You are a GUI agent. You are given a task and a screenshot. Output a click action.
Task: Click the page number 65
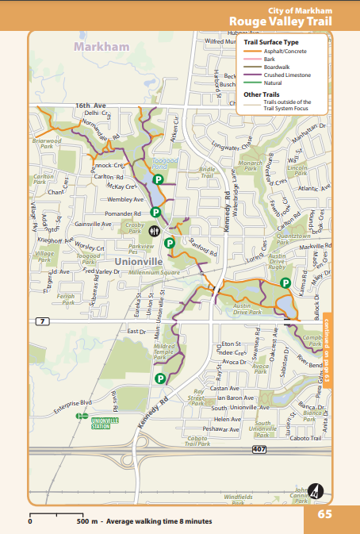pos(324,513)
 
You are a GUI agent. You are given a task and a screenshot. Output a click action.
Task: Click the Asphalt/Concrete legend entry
pos(284,50)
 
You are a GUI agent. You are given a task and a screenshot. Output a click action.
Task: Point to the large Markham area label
pos(101,48)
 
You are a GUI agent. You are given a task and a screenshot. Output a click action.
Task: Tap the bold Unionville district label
pos(137,260)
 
